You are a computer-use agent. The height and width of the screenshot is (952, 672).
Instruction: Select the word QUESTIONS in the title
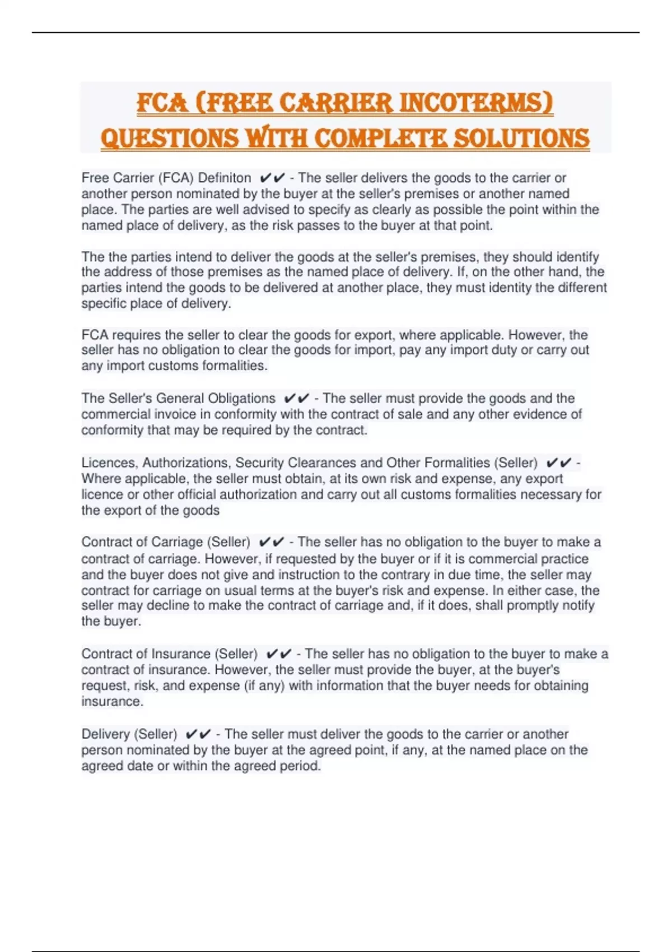(169, 139)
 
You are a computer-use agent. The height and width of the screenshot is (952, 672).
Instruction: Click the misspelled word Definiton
(225, 178)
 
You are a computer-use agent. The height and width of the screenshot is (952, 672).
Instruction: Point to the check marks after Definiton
(272, 178)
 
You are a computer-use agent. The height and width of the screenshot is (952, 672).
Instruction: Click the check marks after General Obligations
(296, 398)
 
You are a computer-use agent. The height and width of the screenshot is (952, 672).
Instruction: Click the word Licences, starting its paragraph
(109, 463)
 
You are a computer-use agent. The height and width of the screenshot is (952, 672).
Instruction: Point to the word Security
(259, 463)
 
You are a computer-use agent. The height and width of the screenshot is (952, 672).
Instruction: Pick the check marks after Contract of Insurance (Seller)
(278, 654)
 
